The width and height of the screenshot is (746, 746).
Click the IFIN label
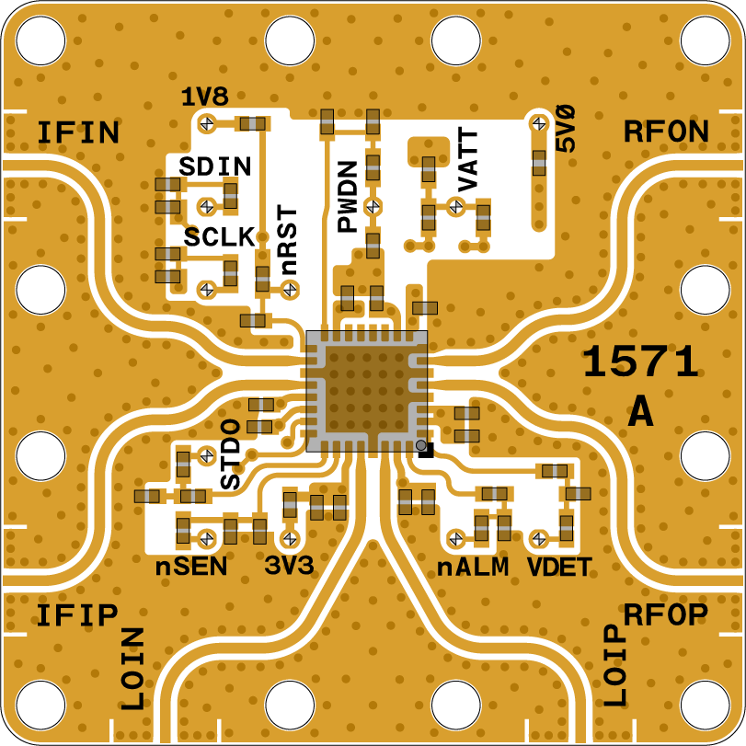(78, 133)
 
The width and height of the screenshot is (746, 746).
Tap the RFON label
(666, 132)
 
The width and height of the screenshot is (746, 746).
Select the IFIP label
(77, 614)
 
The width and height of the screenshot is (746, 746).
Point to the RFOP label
(665, 614)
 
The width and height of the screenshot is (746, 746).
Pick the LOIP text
(614, 665)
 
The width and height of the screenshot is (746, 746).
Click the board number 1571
(641, 364)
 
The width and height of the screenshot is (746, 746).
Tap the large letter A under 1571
(640, 414)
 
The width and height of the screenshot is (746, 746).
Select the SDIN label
(215, 166)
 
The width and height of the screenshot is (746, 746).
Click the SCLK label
(219, 236)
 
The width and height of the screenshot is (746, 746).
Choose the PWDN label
(347, 197)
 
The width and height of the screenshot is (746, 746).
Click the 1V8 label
(204, 97)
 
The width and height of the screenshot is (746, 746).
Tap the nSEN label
(190, 567)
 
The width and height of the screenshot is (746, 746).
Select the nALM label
(473, 567)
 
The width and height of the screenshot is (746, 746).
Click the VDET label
(558, 567)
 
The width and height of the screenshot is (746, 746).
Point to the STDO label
(230, 453)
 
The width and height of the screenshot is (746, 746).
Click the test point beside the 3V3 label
(290, 538)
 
